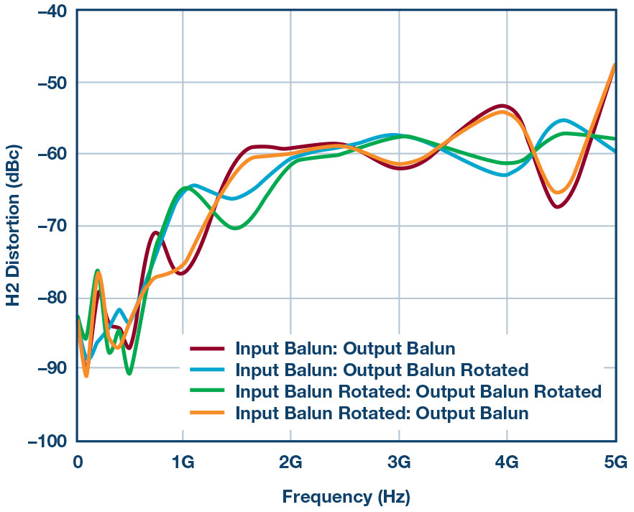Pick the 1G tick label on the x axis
click(x=183, y=462)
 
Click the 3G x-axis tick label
click(x=399, y=462)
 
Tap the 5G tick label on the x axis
click(x=615, y=462)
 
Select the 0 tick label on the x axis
click(x=78, y=462)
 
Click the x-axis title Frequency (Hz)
click(x=345, y=496)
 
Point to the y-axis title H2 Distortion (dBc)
click(x=14, y=225)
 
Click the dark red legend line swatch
click(x=208, y=349)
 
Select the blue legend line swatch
click(x=208, y=370)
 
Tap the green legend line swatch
click(x=208, y=392)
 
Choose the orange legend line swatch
click(x=208, y=413)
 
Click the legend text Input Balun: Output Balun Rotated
click(x=382, y=370)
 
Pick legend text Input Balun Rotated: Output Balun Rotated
click(x=418, y=392)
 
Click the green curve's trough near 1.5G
click(x=235, y=228)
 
